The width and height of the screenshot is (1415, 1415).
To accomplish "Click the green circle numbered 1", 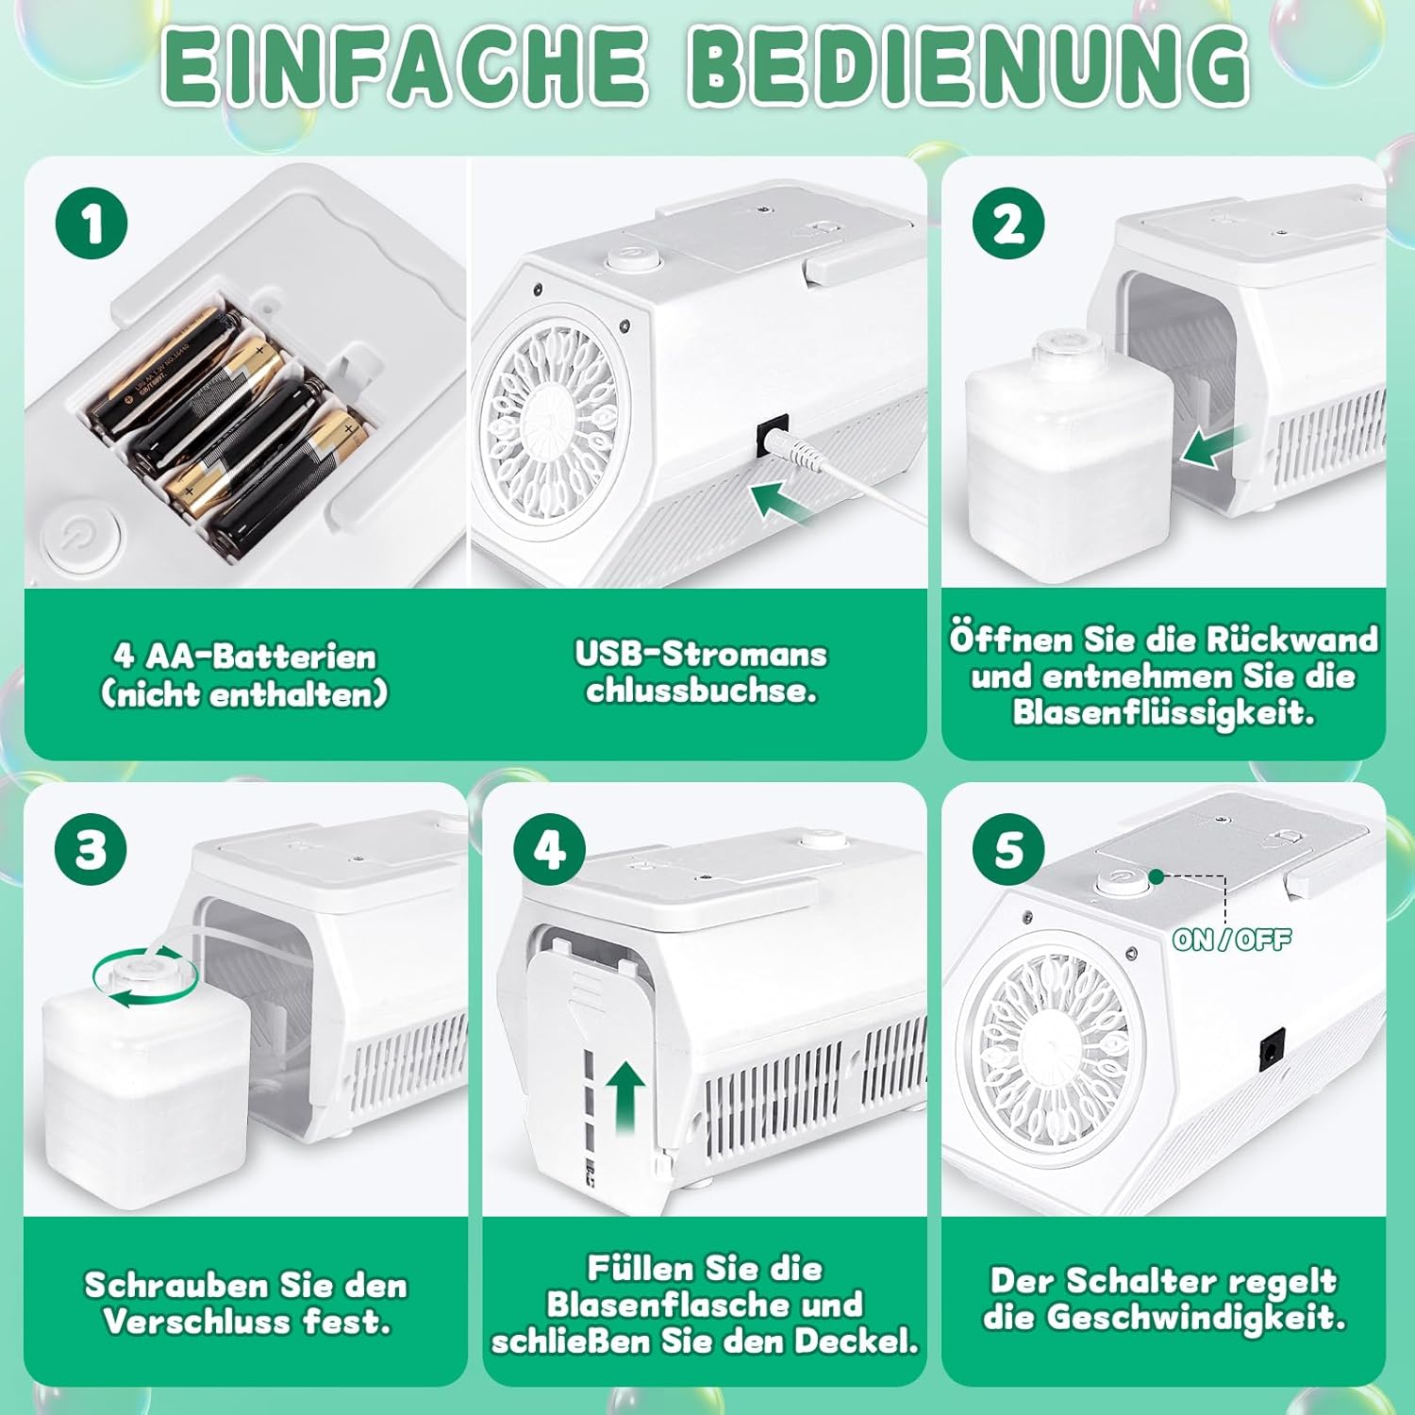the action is [x=92, y=224].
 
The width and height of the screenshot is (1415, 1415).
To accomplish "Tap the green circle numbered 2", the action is [x=1008, y=224].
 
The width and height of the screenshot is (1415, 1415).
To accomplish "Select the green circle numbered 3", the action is [x=92, y=848].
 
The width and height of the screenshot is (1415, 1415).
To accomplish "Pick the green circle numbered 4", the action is [x=550, y=848].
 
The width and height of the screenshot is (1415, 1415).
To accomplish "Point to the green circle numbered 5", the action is [x=1008, y=848].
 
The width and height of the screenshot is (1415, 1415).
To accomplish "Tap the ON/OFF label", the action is [x=1231, y=939].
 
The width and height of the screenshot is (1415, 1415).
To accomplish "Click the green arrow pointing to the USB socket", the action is [x=782, y=501].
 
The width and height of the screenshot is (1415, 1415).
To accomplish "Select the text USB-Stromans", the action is [x=701, y=653].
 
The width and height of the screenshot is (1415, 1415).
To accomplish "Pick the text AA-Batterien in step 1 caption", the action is [x=261, y=656].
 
